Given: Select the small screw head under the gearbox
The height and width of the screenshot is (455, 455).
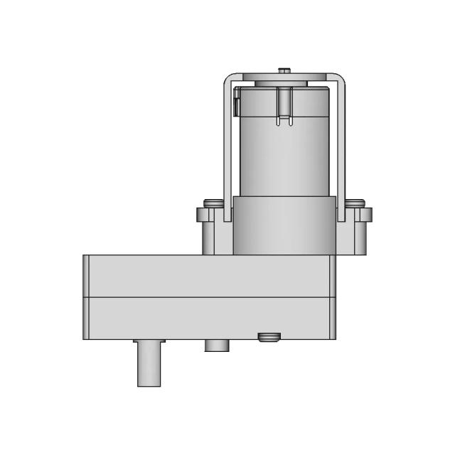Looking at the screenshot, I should pos(268,336).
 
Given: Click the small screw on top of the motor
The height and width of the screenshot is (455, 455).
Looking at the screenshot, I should pos(284,70).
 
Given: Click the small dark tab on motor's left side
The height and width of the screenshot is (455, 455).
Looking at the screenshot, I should pos(235,107).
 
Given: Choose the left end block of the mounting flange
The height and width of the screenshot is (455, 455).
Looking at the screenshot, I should pos(206,231).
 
